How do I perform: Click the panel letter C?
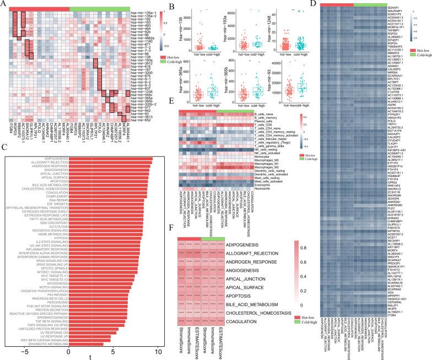(x=4, y=148)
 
